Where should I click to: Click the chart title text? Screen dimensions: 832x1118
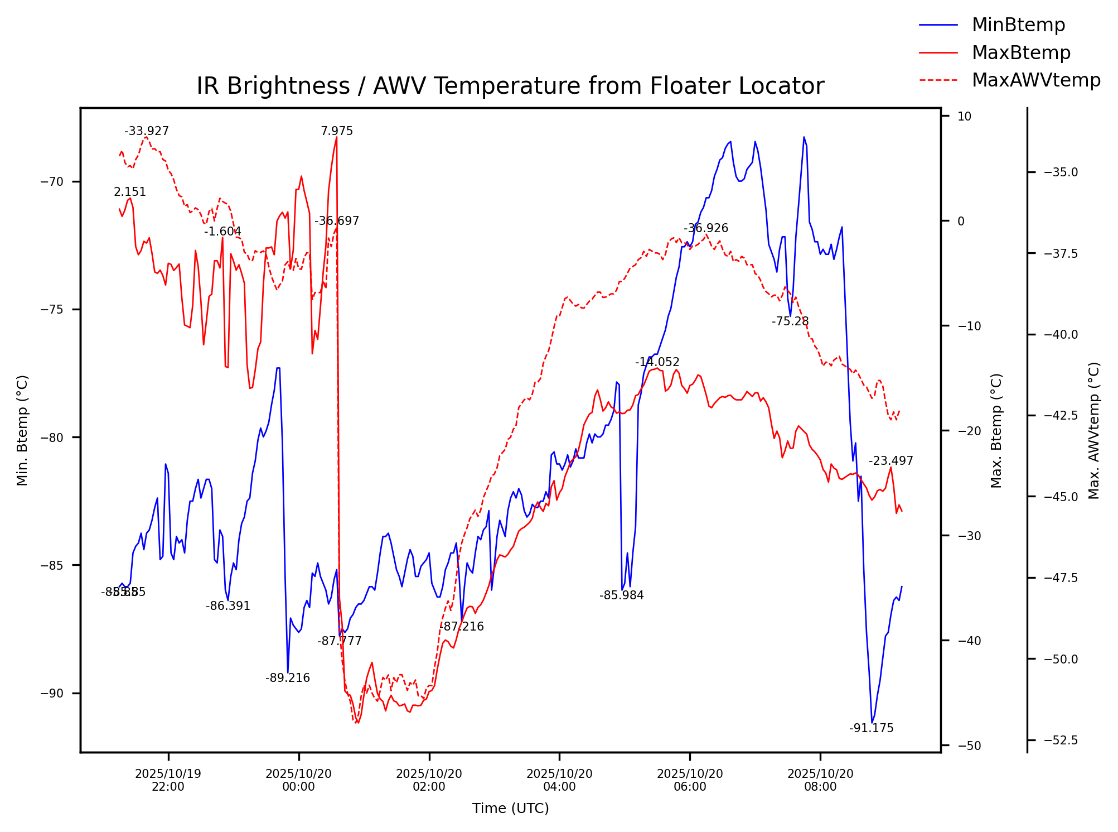coord(510,86)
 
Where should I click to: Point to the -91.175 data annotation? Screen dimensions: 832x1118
coord(871,728)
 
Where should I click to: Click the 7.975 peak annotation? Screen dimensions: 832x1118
coord(337,131)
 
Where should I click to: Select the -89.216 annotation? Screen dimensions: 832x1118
coord(288,678)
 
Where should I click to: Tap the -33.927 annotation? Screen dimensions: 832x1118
coord(147,131)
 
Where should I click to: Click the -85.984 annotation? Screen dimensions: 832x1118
coord(622,595)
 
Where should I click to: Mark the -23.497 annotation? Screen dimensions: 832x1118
coord(891,461)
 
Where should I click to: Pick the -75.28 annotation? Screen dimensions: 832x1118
coord(790,321)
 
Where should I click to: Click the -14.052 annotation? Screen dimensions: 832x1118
coord(657,362)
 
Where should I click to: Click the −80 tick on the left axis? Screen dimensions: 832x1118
coord(52,437)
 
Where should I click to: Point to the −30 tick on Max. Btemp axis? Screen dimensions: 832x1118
coord(965,536)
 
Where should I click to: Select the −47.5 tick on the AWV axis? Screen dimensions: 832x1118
coord(1061,578)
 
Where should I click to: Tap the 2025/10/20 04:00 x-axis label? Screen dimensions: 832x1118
coord(559,780)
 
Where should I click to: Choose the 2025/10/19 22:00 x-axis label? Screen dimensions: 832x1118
coord(168,780)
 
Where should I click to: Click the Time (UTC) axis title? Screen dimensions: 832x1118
coord(510,809)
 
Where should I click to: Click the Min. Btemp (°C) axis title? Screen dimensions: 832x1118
coord(22,430)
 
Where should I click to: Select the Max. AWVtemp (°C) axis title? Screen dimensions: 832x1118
coord(1094,430)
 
